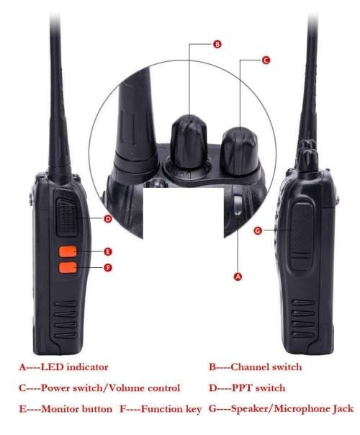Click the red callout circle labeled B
pyautogui.click(x=217, y=44)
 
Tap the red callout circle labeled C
pyautogui.click(x=266, y=61)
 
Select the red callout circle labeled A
pyautogui.click(x=238, y=275)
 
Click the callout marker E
pyautogui.click(x=107, y=251)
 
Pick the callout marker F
pyautogui.click(x=107, y=268)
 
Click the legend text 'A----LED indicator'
pyautogui.click(x=63, y=367)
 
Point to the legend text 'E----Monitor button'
pyautogui.click(x=65, y=409)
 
